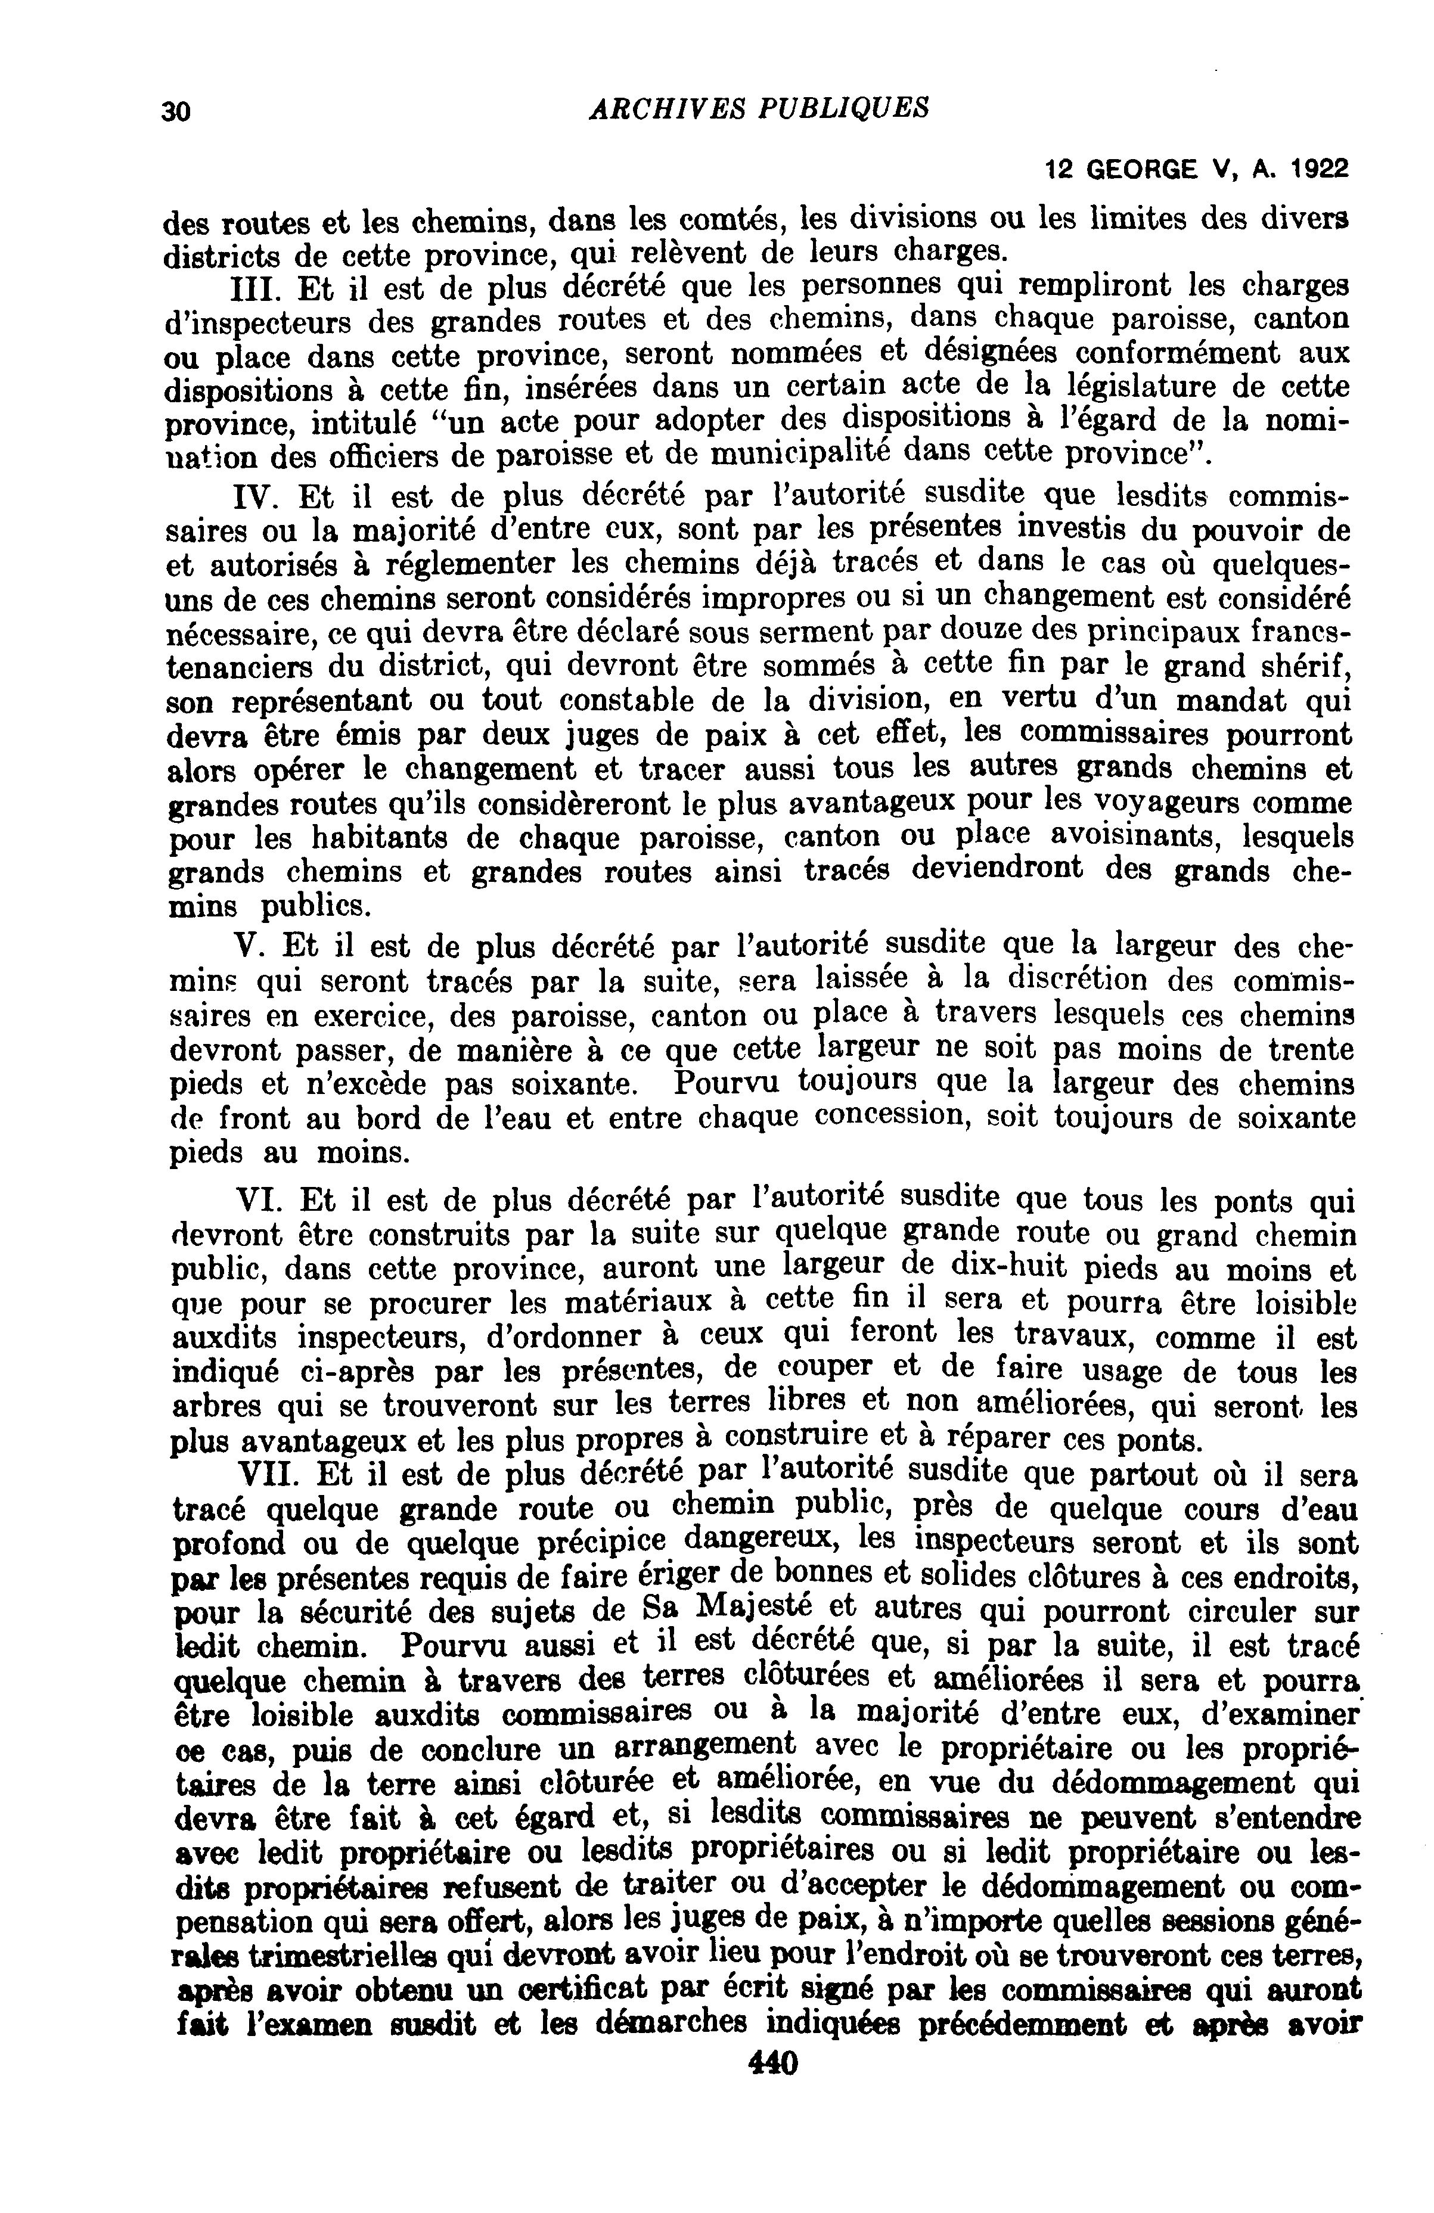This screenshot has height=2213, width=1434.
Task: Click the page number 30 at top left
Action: click(x=176, y=111)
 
